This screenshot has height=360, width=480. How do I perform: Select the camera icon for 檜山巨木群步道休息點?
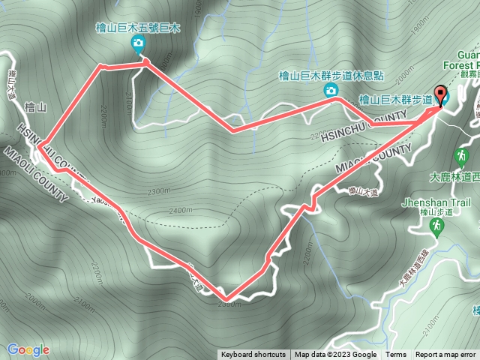pyautogui.click(x=330, y=90)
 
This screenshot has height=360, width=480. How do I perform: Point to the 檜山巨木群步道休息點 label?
pyautogui.click(x=330, y=75)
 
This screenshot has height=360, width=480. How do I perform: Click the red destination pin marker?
pyautogui.click(x=440, y=95)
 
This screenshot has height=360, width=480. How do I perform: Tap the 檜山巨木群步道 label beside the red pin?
pyautogui.click(x=395, y=98)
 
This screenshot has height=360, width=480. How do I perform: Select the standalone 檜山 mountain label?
pyautogui.click(x=35, y=108)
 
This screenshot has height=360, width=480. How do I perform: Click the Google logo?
pyautogui.click(x=28, y=349)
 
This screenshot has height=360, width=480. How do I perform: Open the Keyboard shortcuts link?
pyautogui.click(x=253, y=355)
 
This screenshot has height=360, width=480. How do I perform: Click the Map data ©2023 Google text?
pyautogui.click(x=335, y=355)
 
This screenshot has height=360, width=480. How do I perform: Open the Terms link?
pyautogui.click(x=396, y=355)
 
